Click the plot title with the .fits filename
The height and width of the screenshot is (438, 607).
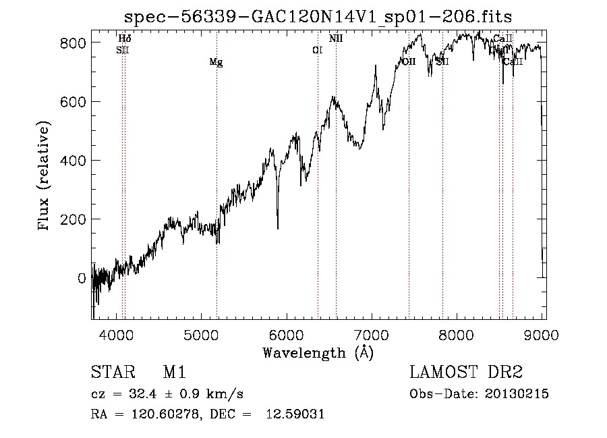[323, 16]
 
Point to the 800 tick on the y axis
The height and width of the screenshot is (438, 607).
[93, 43]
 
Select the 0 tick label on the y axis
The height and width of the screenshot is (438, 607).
[82, 278]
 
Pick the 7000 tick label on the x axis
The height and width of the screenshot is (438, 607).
[372, 334]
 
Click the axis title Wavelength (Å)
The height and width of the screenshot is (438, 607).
[318, 352]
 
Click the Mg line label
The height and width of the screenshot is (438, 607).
[216, 63]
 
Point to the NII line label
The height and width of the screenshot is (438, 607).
[336, 39]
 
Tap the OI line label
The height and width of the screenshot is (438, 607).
[317, 50]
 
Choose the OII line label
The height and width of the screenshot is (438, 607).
[409, 61]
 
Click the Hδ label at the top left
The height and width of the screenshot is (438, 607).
[125, 39]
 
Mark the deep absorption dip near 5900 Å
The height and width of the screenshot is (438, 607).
[278, 226]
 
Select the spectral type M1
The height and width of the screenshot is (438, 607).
[174, 373]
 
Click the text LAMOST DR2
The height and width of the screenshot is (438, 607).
[465, 373]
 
